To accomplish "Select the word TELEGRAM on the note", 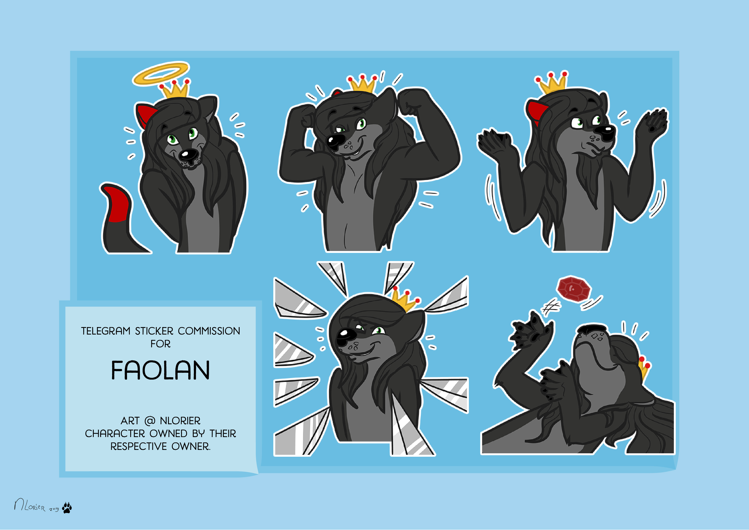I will (x=106, y=331).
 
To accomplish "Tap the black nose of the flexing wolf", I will (x=335, y=142).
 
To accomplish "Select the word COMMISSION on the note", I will (x=209, y=331).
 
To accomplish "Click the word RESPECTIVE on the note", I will (x=138, y=446).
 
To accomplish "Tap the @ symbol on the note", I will (x=149, y=421).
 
